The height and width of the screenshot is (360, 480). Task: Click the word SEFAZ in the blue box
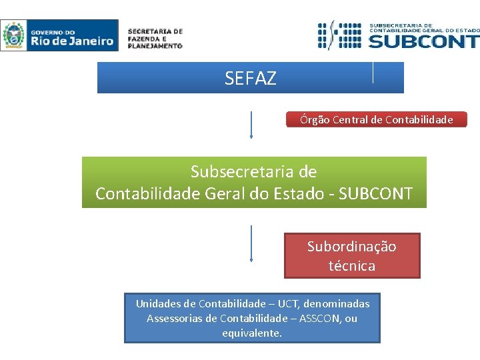click(250, 79)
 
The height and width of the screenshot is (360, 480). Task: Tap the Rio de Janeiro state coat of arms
click(13, 35)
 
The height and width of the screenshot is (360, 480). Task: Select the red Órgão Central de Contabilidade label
click(376, 120)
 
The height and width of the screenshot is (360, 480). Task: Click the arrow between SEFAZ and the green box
click(251, 125)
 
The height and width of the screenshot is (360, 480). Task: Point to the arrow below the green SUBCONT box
click(251, 244)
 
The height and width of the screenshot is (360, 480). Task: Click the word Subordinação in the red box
click(351, 247)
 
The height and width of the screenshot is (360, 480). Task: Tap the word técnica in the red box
click(351, 266)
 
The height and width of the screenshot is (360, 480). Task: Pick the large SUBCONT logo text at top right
click(423, 41)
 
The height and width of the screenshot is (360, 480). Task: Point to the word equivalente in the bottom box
click(251, 333)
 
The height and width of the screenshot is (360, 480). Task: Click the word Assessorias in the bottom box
click(175, 319)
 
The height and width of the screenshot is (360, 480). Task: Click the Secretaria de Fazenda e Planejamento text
click(155, 39)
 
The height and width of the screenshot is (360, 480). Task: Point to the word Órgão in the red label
click(314, 120)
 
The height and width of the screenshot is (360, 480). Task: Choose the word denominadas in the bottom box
click(336, 304)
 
